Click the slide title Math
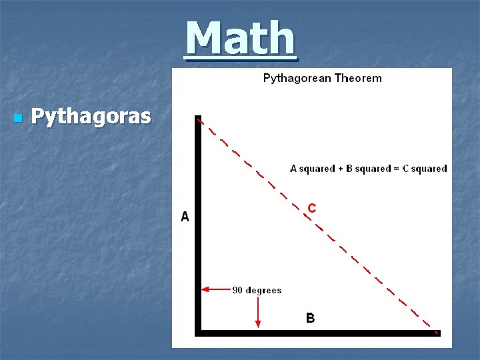coord(240,39)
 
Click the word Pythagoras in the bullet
coord(91,117)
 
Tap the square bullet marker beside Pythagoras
coord(18,118)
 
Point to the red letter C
coord(311,208)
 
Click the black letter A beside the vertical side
coord(185,217)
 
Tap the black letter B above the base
coord(310,318)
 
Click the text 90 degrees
coord(257,290)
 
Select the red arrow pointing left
coord(215,290)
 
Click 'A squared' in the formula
coord(312,169)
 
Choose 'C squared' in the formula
coord(422,169)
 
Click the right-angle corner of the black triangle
coord(198,331)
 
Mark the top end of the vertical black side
coord(198,118)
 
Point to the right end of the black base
coord(439,331)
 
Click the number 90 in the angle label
coord(237,290)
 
